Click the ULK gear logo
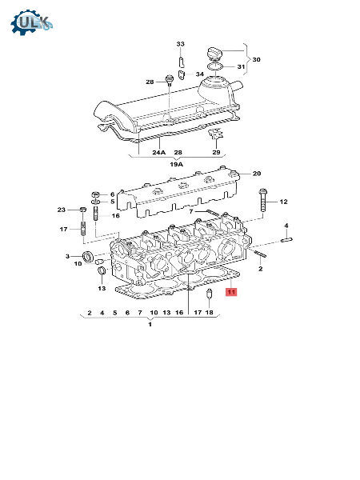(32, 22)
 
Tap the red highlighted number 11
(231, 292)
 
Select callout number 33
(180, 44)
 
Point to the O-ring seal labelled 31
(215, 66)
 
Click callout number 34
(199, 74)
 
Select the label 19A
(176, 164)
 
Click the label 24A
(159, 152)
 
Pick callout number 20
(257, 174)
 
